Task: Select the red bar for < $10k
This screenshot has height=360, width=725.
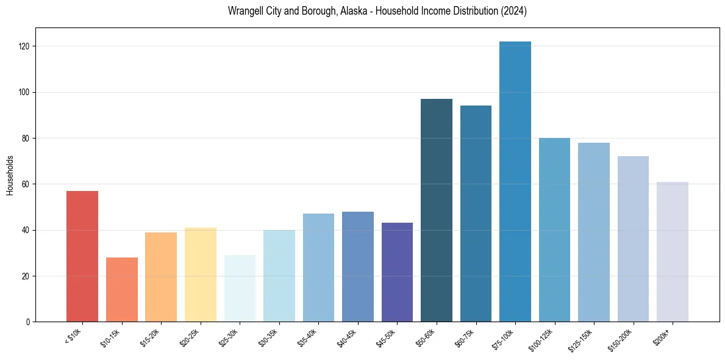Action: click(x=82, y=256)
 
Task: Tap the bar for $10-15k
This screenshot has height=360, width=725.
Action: click(x=122, y=289)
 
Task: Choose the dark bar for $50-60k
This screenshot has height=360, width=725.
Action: click(x=437, y=210)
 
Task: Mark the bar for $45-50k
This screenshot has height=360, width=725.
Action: click(x=397, y=272)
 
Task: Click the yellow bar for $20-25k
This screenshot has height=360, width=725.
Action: click(x=201, y=275)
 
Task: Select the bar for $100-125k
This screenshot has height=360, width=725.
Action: click(x=554, y=229)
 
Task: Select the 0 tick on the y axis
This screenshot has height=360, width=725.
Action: click(x=29, y=322)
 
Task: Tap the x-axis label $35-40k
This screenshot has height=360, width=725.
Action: click(x=309, y=337)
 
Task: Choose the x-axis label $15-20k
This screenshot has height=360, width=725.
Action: click(x=152, y=337)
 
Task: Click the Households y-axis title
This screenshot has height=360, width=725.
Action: click(x=10, y=175)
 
